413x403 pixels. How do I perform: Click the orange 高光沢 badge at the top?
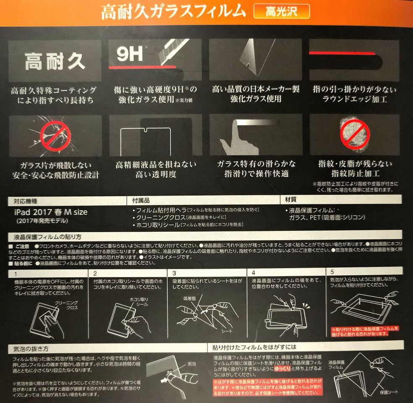pos(282,11)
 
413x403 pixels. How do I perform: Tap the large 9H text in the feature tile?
pos(129,54)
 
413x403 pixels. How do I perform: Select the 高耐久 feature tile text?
pos(55,62)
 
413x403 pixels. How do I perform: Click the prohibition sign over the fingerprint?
pos(355,134)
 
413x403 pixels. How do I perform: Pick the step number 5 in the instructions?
pos(332,272)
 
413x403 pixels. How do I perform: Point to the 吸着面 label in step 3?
pos(190,298)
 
